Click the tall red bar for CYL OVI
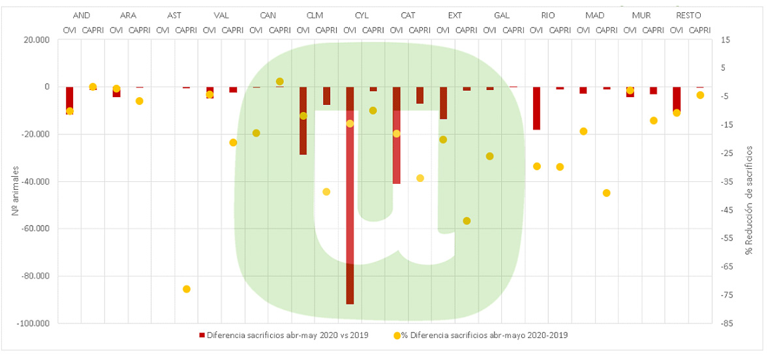[x=350, y=196]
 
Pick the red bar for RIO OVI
[x=536, y=108]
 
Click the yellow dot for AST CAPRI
[x=187, y=289]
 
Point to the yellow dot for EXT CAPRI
[x=467, y=221]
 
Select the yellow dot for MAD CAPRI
[x=606, y=193]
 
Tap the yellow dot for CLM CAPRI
[x=326, y=192]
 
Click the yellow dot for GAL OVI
[x=489, y=157]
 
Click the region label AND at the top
[x=82, y=15]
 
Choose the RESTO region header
[x=688, y=15]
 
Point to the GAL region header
[x=502, y=15]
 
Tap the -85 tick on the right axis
[x=726, y=323]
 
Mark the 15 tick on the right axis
[x=724, y=40]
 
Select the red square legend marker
[x=202, y=335]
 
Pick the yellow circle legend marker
[x=397, y=335]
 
